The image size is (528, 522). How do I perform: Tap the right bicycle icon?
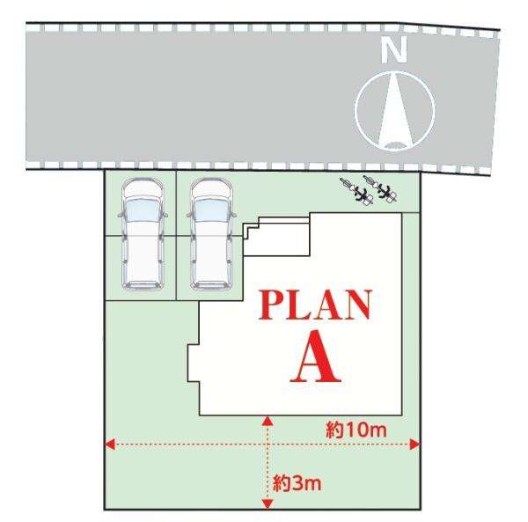pyautogui.click(x=383, y=190)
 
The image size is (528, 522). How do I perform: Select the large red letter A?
pyautogui.click(x=315, y=358)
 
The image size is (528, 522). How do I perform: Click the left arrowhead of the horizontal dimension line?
pyautogui.click(x=110, y=444)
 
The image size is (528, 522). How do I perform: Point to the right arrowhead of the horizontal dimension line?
pyautogui.click(x=416, y=444)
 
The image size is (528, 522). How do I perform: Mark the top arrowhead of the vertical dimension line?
pyautogui.click(x=267, y=420)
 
